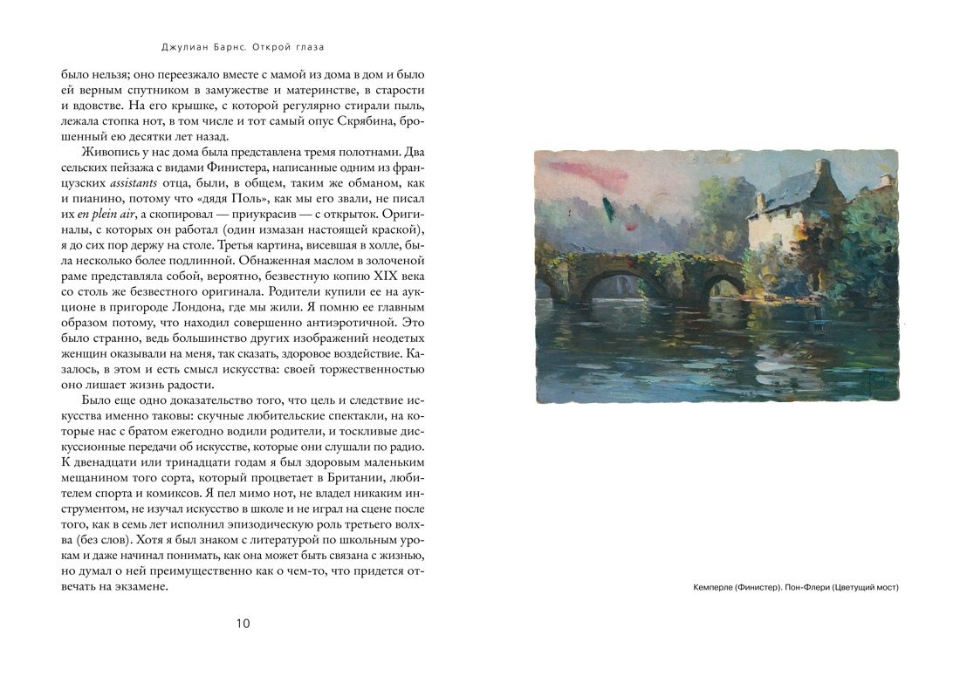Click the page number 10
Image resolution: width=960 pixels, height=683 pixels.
click(x=243, y=622)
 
